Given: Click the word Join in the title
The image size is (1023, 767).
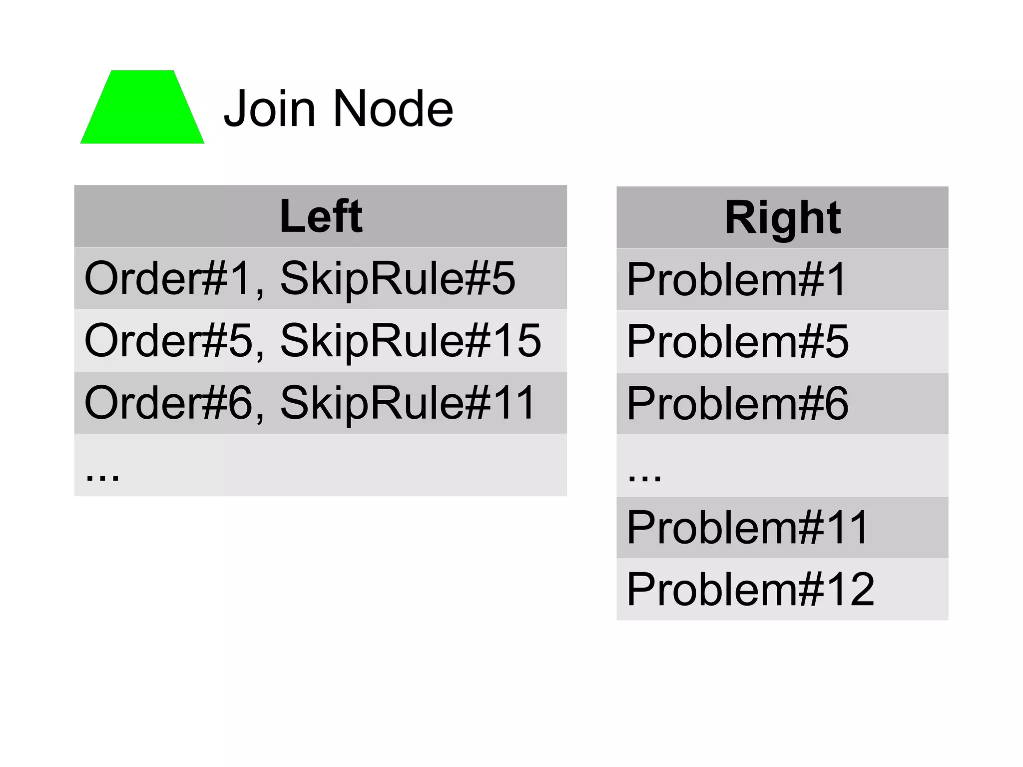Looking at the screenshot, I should [x=270, y=108].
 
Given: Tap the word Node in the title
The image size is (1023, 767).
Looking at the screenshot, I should [x=393, y=108].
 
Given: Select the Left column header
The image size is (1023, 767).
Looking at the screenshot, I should [x=321, y=216].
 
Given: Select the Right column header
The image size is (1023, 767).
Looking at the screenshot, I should [x=782, y=217].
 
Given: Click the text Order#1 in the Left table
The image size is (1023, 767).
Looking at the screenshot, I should [x=167, y=278].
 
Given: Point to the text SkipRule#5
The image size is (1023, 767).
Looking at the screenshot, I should [x=398, y=278].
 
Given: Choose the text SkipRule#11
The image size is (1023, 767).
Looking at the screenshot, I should [x=408, y=403].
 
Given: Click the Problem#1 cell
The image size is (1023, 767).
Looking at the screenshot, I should [x=736, y=279].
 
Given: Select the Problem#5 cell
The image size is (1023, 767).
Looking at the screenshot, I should [x=737, y=341].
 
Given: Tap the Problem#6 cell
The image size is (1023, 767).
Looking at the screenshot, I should [x=737, y=403].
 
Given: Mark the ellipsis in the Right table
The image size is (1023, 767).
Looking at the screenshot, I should [x=644, y=476].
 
